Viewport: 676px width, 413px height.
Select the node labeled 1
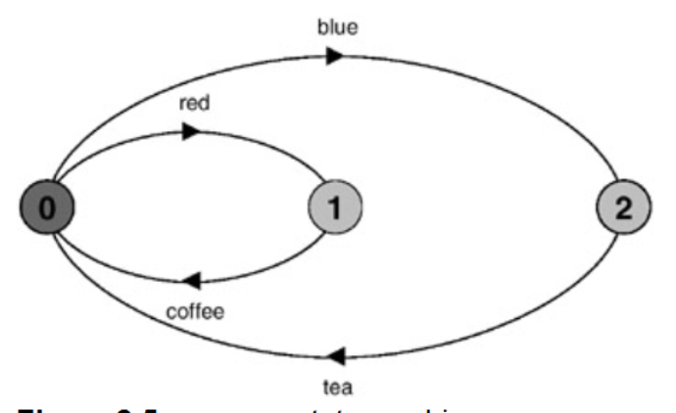335,206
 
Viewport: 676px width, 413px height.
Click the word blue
336,25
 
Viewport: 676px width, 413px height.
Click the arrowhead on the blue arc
335,56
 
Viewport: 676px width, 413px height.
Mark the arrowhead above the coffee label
192,282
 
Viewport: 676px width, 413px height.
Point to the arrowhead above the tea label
335,355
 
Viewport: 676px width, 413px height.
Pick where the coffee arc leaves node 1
325,229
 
